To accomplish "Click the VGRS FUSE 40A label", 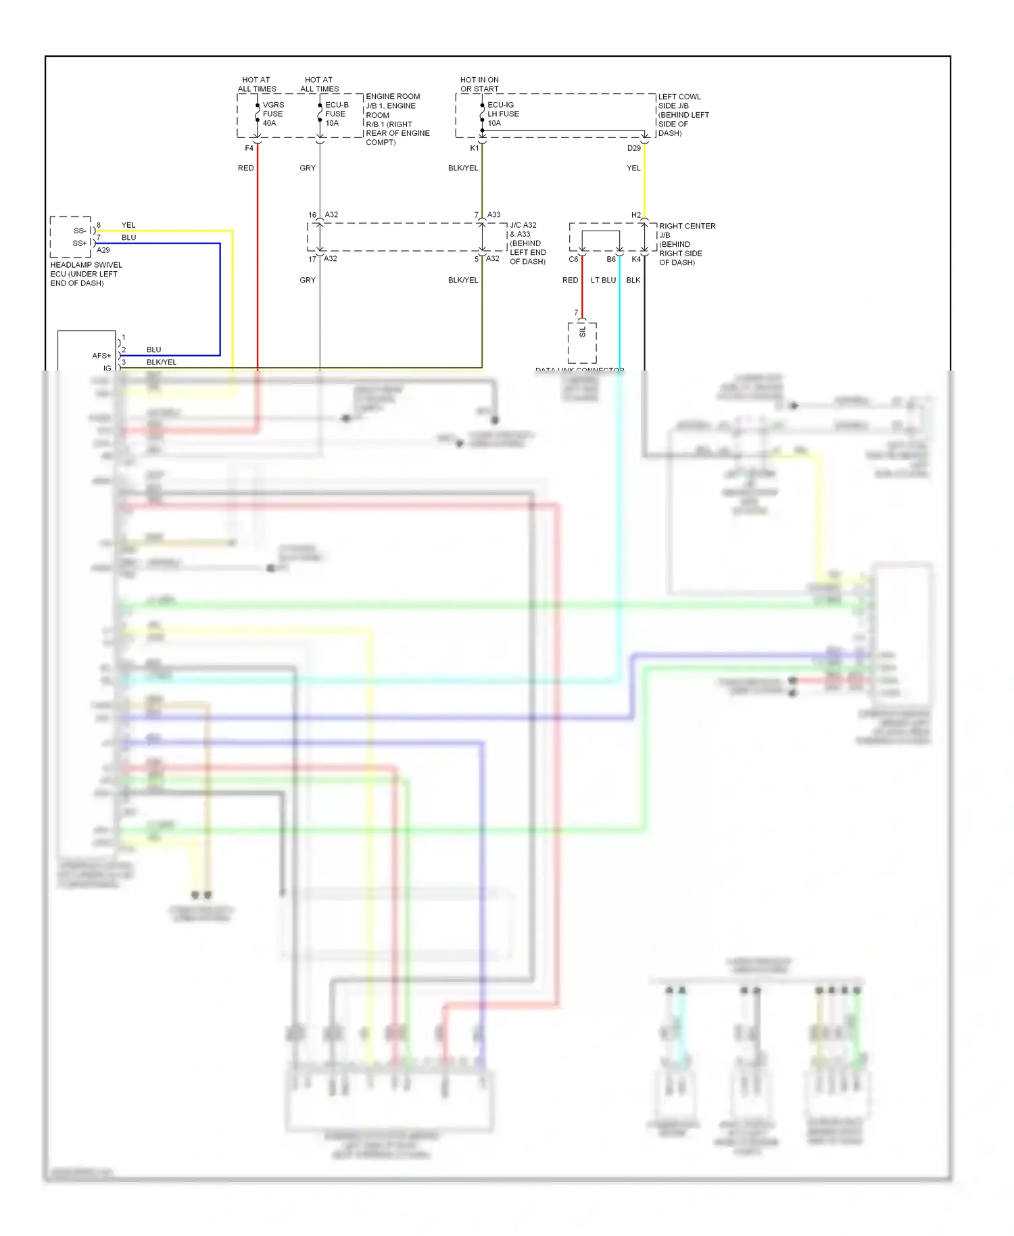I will [x=272, y=114].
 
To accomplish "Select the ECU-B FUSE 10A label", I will [x=336, y=114].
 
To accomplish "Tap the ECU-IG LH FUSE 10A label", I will [x=502, y=114].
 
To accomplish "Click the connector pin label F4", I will [x=249, y=148].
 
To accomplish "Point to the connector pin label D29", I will [x=633, y=148].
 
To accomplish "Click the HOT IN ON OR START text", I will [x=479, y=85].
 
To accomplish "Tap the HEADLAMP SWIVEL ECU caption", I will [x=86, y=274].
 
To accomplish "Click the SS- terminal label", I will [x=80, y=231].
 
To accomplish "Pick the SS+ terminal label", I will [x=80, y=243].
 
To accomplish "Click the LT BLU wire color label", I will [x=603, y=280].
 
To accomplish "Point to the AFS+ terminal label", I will [x=101, y=356].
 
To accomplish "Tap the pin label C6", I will [x=573, y=260].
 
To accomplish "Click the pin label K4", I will [x=635, y=260].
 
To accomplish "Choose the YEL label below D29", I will [x=633, y=168].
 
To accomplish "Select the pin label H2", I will [x=635, y=216].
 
